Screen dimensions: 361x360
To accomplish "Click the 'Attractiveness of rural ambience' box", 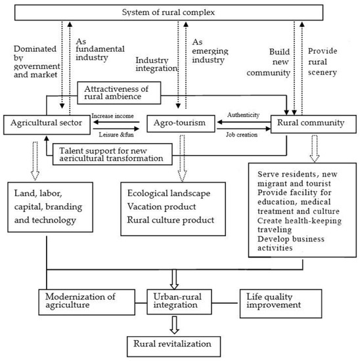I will tap(125, 93).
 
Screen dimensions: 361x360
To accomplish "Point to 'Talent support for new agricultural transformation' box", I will tap(111, 154).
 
